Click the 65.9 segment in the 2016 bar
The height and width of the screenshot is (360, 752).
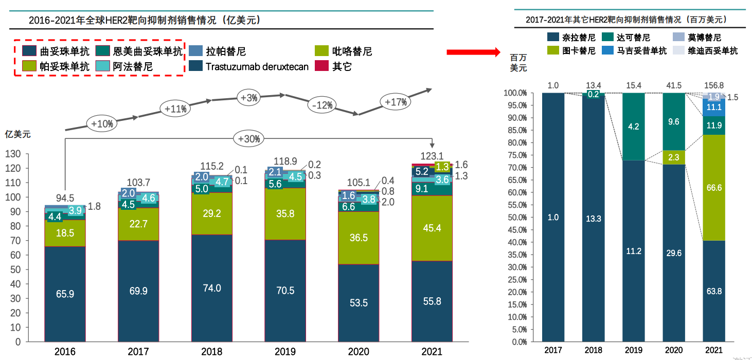[x=65, y=294]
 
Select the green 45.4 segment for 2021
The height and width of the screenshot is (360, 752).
[x=432, y=228]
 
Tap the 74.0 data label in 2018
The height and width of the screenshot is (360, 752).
[x=212, y=288]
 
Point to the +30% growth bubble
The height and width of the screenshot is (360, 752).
[x=249, y=138]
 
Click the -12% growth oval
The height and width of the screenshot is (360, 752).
[x=322, y=105]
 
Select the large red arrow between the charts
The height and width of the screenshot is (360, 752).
[x=473, y=52]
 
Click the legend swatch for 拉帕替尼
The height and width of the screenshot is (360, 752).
[x=195, y=51]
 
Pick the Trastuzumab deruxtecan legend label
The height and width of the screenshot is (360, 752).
[x=257, y=66]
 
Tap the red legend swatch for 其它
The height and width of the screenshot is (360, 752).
[x=321, y=66]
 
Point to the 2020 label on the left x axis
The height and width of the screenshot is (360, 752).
[x=359, y=352]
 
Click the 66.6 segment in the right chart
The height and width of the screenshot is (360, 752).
[x=714, y=188]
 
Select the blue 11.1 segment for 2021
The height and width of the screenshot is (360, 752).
[x=714, y=107]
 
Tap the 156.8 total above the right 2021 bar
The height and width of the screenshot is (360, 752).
[x=714, y=85]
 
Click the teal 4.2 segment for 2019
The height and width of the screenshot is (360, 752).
[x=633, y=127]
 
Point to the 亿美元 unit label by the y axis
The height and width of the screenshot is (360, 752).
[x=18, y=134]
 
